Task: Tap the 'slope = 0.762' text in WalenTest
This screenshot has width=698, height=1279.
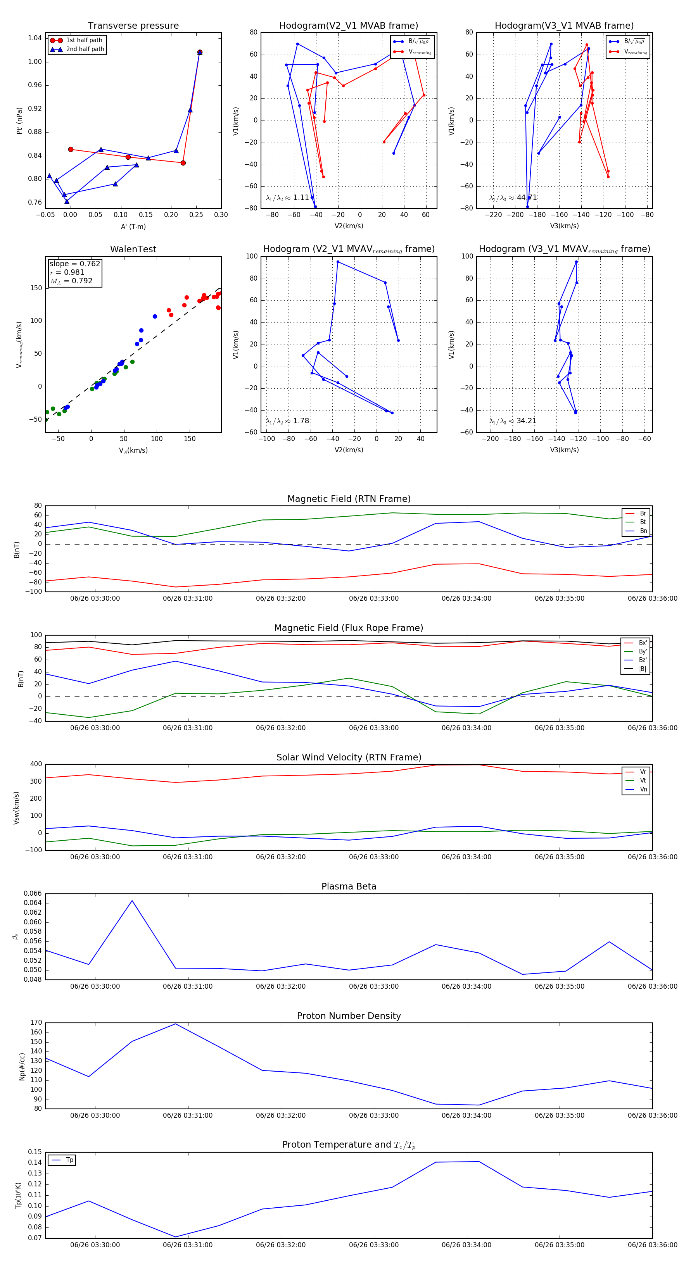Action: [74, 264]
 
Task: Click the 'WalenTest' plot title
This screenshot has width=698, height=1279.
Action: [133, 249]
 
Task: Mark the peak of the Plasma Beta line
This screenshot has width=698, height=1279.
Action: [132, 901]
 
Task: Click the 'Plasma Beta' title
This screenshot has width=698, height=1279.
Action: [349, 886]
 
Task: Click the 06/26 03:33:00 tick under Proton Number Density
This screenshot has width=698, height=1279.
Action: [373, 1115]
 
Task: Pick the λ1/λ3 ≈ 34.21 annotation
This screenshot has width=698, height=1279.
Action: [513, 421]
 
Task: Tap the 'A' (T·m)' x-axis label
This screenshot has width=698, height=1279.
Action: [133, 226]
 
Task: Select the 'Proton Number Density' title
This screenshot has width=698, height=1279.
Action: [349, 1016]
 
